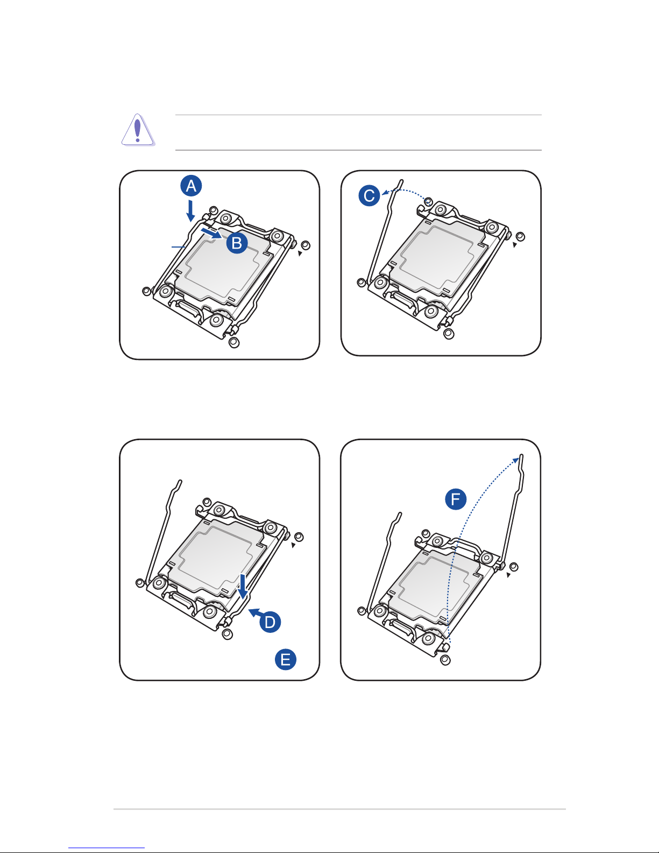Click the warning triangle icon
pos(137,130)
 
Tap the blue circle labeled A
pos(191,186)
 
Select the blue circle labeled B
pos(237,243)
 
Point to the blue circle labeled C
pos(369,195)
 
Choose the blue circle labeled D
pos(270,622)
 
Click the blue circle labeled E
pos(286,659)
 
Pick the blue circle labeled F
pos(456,499)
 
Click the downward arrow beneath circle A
pos(190,211)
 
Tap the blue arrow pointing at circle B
pos(212,232)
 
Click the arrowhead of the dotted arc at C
pos(385,193)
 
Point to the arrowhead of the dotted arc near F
pos(516,460)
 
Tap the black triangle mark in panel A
pos(300,253)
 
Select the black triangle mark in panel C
pos(515,244)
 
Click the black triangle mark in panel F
pos(508,575)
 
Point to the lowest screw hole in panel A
pos(234,342)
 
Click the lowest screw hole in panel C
pos(448,334)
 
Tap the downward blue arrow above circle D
pos(243,587)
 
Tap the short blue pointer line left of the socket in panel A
pos(178,247)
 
